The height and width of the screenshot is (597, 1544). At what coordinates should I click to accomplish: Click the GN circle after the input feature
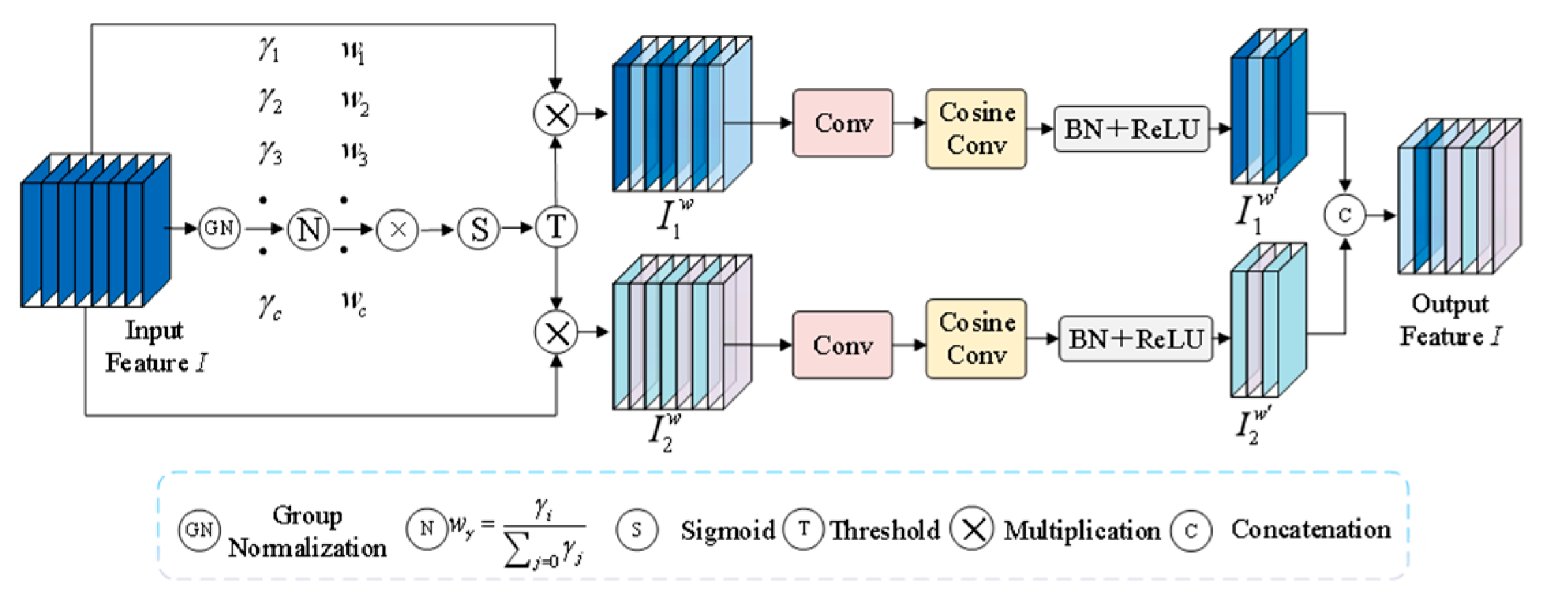pyautogui.click(x=219, y=229)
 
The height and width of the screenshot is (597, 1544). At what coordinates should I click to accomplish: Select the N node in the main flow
pyautogui.click(x=308, y=229)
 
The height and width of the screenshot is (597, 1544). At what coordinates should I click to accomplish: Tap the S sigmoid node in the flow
pyautogui.click(x=479, y=229)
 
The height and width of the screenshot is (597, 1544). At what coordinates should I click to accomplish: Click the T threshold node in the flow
pyautogui.click(x=556, y=227)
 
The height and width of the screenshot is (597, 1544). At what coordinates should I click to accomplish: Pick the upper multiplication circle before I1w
pyautogui.click(x=556, y=115)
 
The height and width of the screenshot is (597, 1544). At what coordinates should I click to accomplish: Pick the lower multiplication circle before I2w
pyautogui.click(x=556, y=333)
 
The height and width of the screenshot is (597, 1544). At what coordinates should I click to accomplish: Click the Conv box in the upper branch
pyautogui.click(x=842, y=123)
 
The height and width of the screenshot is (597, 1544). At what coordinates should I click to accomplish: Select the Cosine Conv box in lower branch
pyautogui.click(x=975, y=338)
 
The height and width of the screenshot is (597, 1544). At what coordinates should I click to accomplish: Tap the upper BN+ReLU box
pyautogui.click(x=1131, y=129)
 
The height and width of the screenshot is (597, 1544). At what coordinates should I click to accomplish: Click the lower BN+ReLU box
pyautogui.click(x=1135, y=338)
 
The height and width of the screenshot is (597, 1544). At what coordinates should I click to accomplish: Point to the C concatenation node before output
pyautogui.click(x=1344, y=216)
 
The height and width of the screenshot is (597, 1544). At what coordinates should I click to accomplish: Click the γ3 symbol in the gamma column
pyautogui.click(x=270, y=153)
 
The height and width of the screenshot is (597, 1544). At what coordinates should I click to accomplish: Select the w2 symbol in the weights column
pyautogui.click(x=355, y=102)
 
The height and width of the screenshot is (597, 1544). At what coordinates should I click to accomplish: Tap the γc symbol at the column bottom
pyautogui.click(x=270, y=306)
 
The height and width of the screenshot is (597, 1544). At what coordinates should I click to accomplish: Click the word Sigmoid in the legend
pyautogui.click(x=727, y=530)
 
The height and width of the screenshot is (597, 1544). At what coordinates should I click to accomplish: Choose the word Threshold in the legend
pyautogui.click(x=885, y=530)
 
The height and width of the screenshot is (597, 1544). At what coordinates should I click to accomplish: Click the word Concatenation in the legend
pyautogui.click(x=1310, y=529)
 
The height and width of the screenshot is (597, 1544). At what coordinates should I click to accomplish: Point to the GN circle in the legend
pyautogui.click(x=199, y=529)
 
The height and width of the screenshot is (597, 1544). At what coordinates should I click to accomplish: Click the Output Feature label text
pyautogui.click(x=1450, y=320)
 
